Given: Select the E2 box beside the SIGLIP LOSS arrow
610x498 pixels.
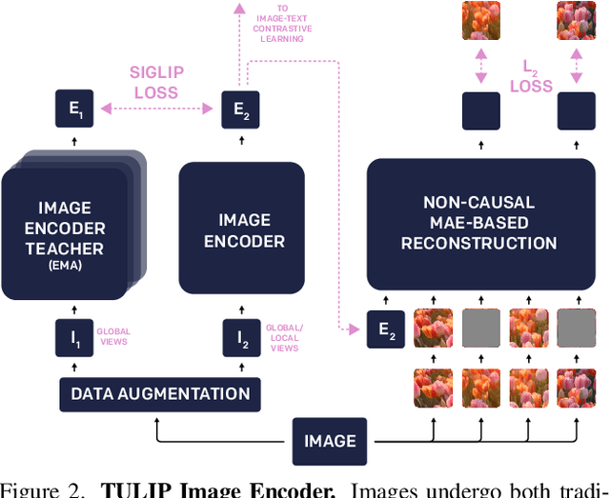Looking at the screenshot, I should click(239, 110).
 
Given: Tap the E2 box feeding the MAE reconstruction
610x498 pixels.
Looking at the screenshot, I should click(386, 329).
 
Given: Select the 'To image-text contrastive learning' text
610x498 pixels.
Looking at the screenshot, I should click(283, 25).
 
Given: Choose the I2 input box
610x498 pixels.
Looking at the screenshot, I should click(239, 336).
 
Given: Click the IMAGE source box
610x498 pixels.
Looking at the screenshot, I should click(330, 441).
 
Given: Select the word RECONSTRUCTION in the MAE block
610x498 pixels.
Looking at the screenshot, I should click(478, 243).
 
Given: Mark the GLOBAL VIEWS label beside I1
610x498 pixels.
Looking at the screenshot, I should click(111, 336).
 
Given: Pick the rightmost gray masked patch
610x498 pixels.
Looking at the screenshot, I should click(576, 329).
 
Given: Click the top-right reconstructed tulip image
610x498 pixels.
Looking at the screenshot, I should click(576, 20).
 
